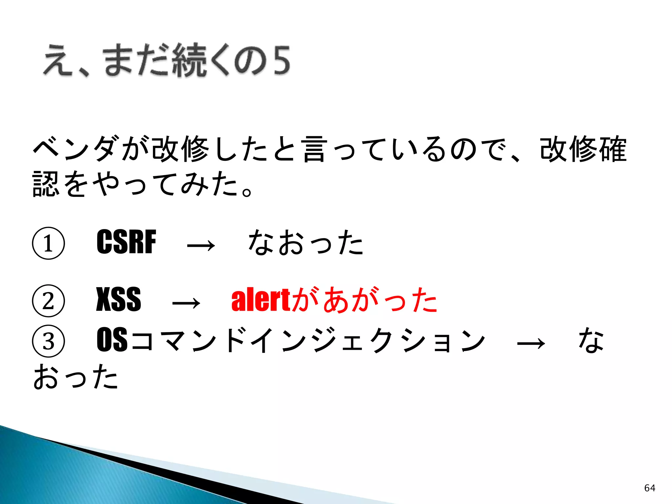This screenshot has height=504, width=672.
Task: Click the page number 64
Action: click(x=650, y=488)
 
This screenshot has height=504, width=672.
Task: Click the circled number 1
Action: click(x=48, y=243)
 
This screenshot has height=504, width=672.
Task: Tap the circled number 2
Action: click(x=48, y=301)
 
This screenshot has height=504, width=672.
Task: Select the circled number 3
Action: click(x=48, y=341)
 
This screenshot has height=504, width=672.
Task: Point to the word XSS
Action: click(x=118, y=299)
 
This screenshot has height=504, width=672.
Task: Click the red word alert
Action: click(x=261, y=300)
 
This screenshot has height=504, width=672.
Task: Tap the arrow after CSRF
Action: click(x=201, y=245)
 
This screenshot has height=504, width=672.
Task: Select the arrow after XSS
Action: click(x=186, y=302)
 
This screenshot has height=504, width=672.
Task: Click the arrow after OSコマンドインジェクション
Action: click(x=531, y=343)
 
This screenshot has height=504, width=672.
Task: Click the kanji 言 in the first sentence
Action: click(x=314, y=149)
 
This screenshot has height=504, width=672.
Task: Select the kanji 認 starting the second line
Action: click(x=46, y=183)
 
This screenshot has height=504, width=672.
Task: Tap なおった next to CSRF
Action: click(x=305, y=242)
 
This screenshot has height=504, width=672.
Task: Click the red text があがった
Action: click(x=364, y=300)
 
